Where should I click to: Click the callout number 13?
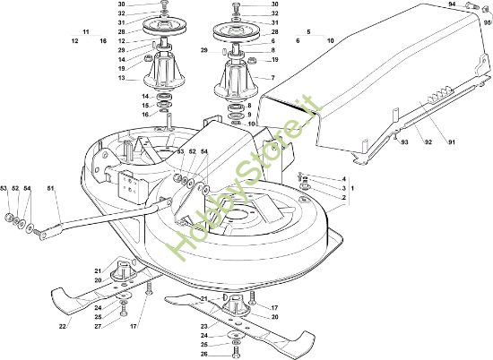coord(121,78)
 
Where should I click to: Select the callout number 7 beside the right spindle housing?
coord(272,78)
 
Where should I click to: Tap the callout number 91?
coord(452,142)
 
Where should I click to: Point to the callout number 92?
coord(428,142)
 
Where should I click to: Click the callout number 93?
coord(404,142)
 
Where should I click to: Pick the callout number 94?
coord(452,4)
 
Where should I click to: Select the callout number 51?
coord(50,188)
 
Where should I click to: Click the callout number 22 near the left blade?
coord(63,327)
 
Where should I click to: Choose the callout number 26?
coord(204,355)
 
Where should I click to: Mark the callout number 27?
coord(98,327)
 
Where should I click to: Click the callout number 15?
coord(145,106)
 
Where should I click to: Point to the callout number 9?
coord(249,115)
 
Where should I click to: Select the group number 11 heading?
coord(86,31)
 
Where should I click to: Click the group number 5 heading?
coord(308,31)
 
